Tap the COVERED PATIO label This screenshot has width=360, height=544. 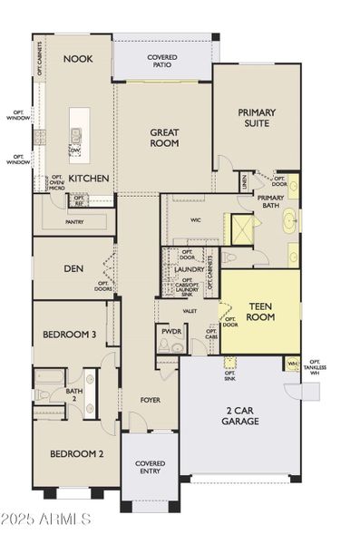pos(162,63)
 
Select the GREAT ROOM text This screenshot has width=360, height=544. pos(164,138)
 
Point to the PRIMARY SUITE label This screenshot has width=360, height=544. pos(257,119)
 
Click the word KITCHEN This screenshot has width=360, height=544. pos(89,179)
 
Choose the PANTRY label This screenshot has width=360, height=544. pos(75,221)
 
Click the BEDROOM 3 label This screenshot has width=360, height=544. pos(69,335)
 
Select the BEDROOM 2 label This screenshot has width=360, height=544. pos(76,453)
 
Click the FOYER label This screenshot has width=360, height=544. pos(151,399)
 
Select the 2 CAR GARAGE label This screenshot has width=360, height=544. pos(239,415)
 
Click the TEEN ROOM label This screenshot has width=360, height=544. pos(259,312)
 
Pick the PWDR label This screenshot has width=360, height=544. pos(171,332)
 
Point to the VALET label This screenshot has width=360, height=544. pos(190,311)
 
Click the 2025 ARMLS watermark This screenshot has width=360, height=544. pos(47,520)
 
